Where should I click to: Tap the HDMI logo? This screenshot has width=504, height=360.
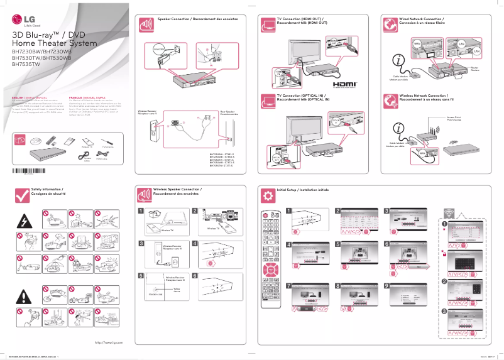point(344,83)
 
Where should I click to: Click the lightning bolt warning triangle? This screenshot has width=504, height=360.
point(28,221)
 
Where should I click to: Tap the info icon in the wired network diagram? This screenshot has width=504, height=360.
point(399,61)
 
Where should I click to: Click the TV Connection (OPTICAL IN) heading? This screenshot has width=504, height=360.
point(304,97)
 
